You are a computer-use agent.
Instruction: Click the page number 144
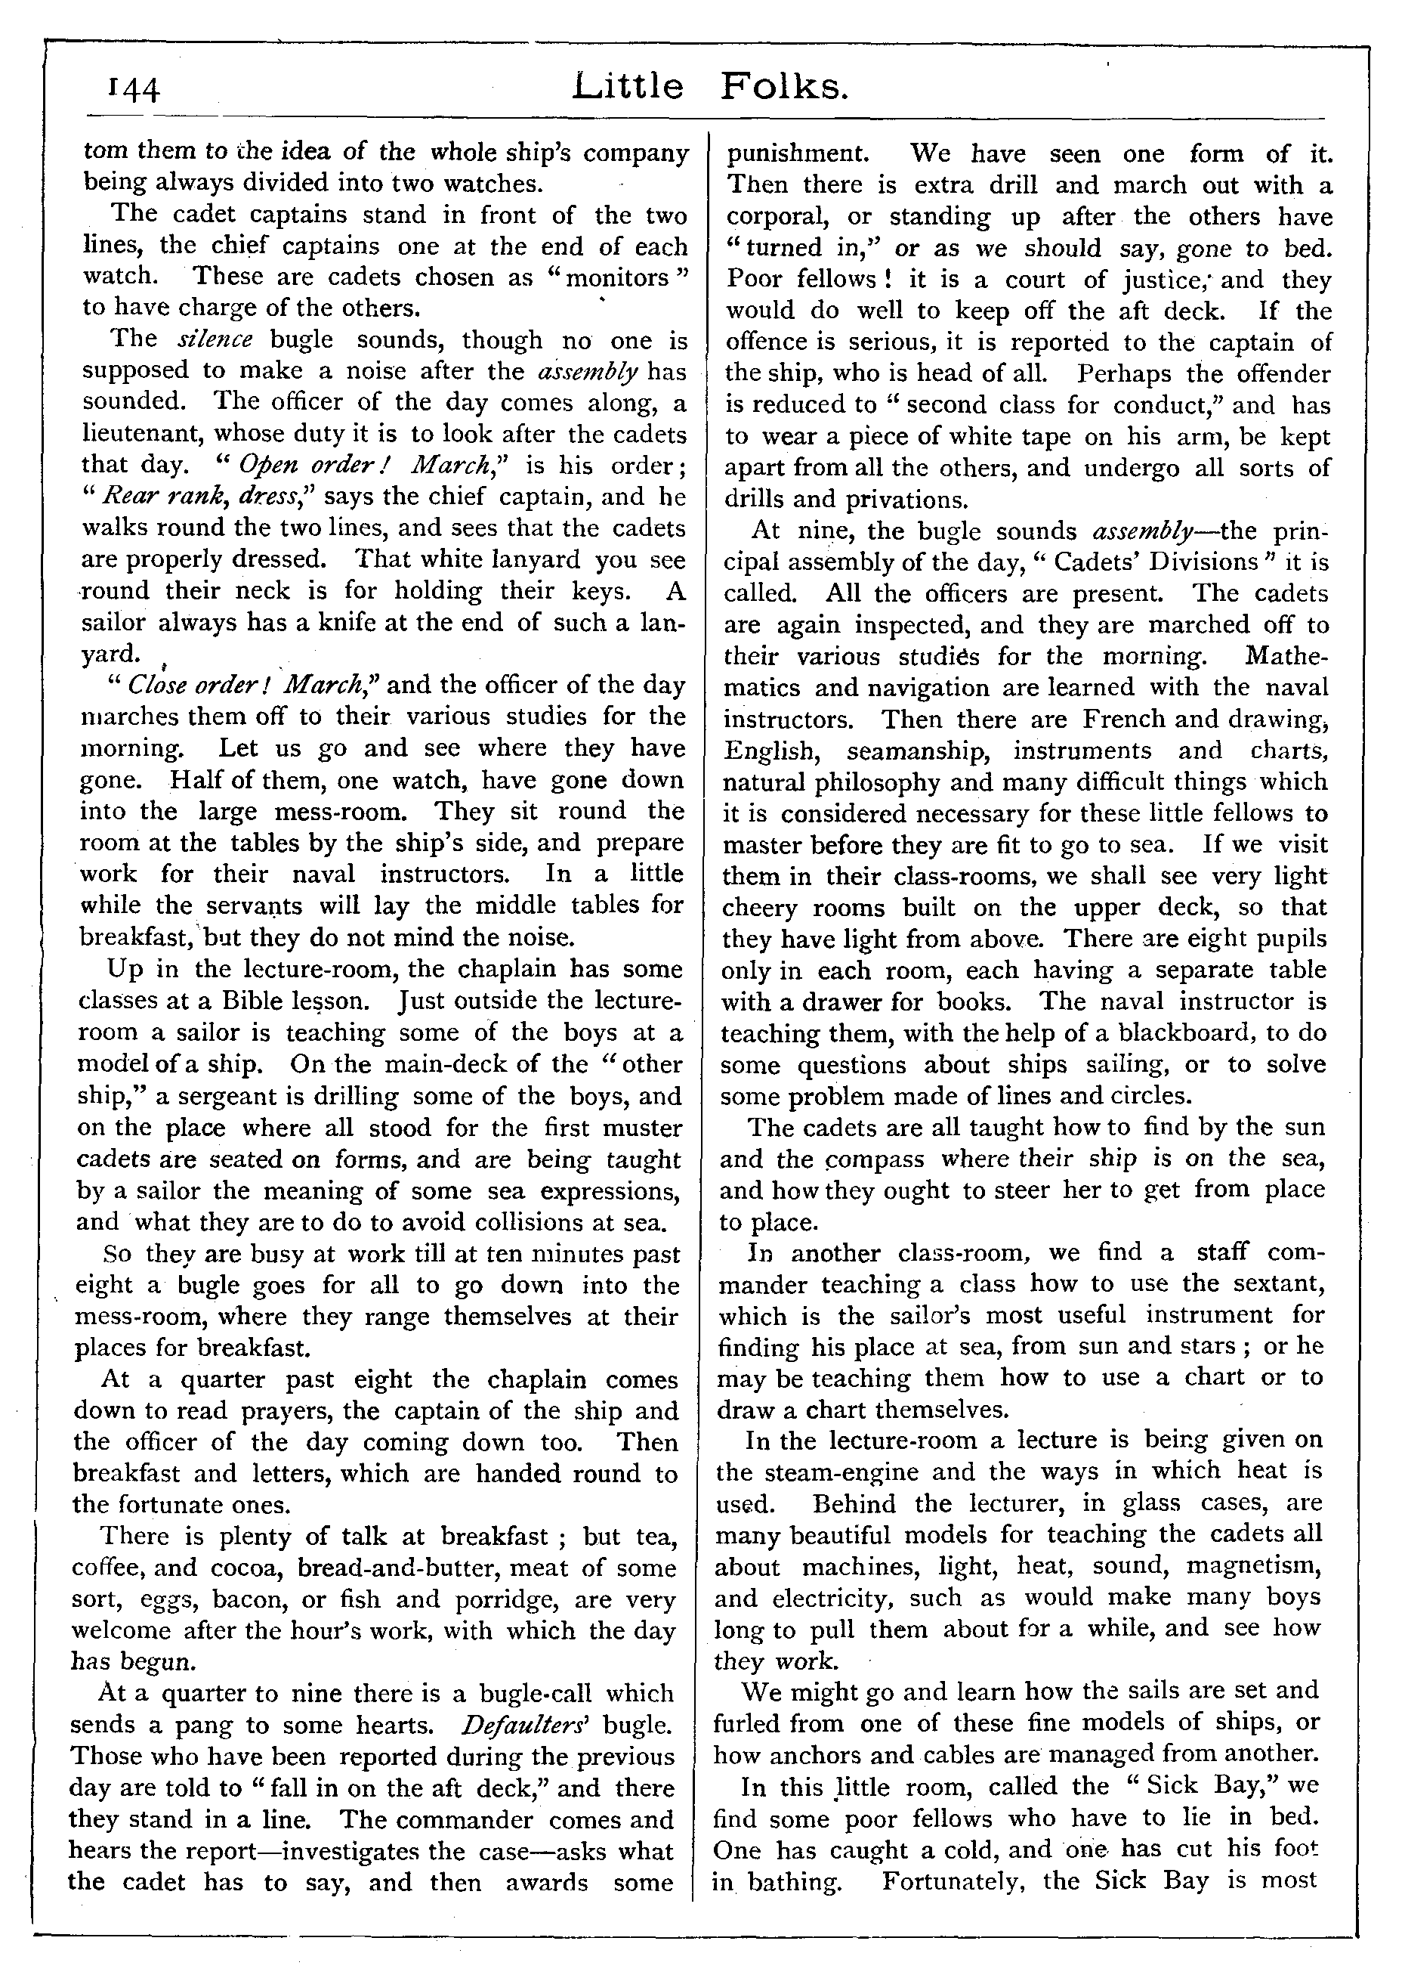coord(132,90)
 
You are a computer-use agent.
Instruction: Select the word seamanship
coord(917,751)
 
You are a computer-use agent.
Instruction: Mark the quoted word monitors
coord(618,278)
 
